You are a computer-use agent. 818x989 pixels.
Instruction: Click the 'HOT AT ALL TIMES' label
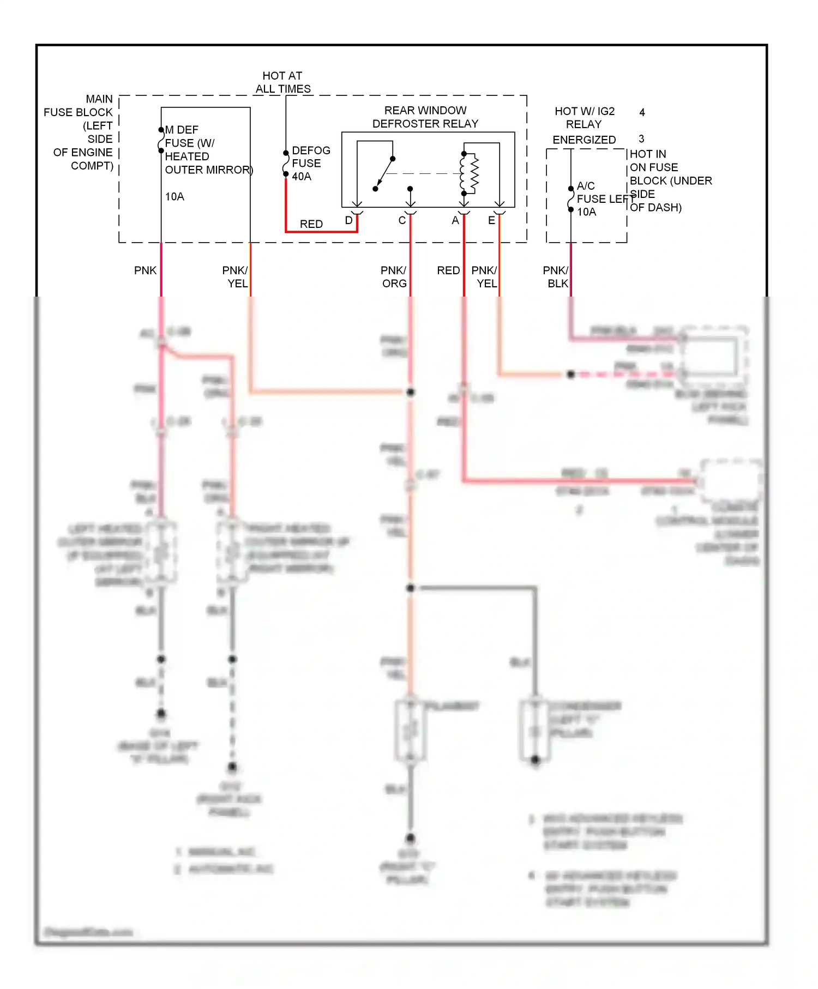tap(282, 82)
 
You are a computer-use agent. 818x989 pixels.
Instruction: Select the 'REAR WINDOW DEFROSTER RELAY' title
tap(425, 117)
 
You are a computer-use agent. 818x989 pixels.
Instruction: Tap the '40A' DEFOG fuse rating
tap(302, 177)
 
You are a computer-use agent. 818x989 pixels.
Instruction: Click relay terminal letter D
tap(348, 221)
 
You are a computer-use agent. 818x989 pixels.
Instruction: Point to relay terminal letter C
tap(402, 221)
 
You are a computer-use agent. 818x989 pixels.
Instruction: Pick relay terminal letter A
tap(455, 221)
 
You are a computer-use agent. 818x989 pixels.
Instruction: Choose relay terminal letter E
tap(491, 221)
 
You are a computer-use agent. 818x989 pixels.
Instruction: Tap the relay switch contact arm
tap(384, 173)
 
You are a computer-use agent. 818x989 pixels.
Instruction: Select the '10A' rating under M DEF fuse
tap(175, 197)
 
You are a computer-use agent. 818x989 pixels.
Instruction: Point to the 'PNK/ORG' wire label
tap(394, 277)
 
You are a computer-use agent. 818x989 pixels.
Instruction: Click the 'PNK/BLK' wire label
tap(556, 277)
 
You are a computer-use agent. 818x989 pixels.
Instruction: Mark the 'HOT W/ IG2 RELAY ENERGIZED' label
tap(584, 125)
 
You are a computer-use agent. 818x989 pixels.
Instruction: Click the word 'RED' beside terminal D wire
tap(311, 224)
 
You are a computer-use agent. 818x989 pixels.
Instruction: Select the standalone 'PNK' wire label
tap(145, 270)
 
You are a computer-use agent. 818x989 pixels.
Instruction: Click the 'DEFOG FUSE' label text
tap(311, 157)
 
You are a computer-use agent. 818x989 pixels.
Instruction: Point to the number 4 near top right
tap(642, 112)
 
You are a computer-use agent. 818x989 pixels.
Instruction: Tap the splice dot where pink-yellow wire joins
tap(411, 392)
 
